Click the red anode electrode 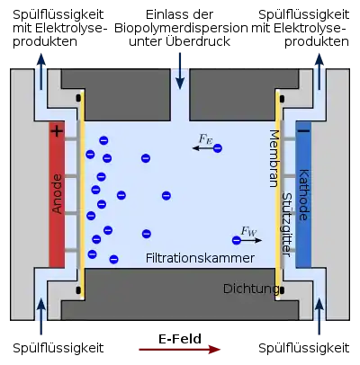point(57,194)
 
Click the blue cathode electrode point(303,194)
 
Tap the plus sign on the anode point(57,131)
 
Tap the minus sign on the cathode point(303,130)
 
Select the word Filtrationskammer point(200,258)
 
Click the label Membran point(274,158)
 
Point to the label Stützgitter point(287,225)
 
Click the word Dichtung point(251,289)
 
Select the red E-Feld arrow point(179,350)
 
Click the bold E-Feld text point(180,339)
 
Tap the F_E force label point(205,139)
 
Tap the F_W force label point(248,231)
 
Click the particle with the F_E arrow point(218,147)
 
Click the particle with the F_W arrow point(237,240)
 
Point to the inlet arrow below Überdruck point(180,71)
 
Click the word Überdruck point(198,41)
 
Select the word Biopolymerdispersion point(181,28)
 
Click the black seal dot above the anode point(78,98)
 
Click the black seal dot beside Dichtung point(282,289)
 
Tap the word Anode point(57,194)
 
